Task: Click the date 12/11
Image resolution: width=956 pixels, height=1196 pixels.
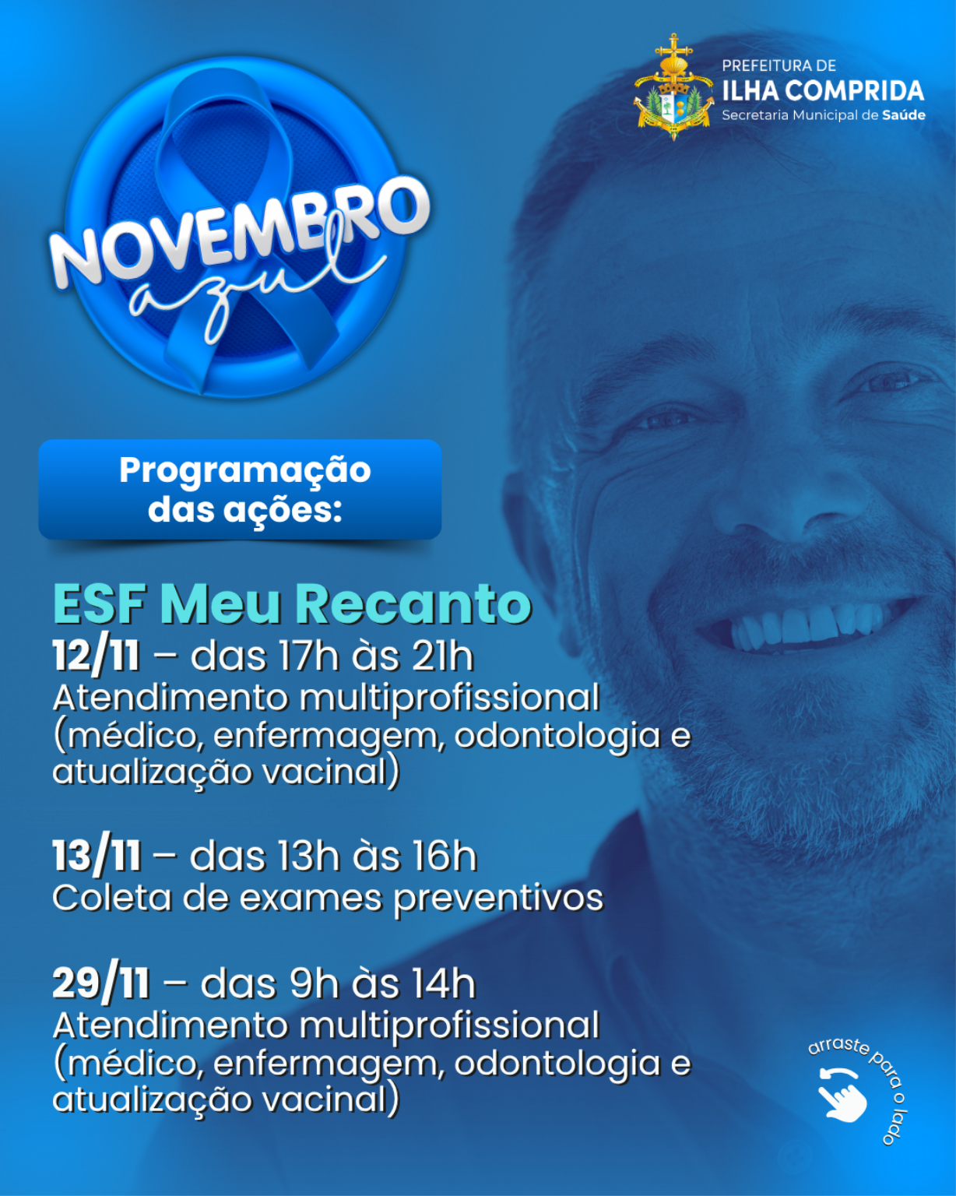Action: click(x=96, y=656)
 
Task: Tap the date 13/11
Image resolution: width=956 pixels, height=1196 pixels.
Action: click(x=97, y=857)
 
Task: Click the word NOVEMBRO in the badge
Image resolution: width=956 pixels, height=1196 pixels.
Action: click(x=240, y=234)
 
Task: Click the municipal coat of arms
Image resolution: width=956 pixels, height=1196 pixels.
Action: click(x=673, y=87)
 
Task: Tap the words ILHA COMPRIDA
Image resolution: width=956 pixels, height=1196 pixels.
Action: click(x=823, y=90)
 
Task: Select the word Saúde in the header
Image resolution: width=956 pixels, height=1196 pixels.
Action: click(x=904, y=115)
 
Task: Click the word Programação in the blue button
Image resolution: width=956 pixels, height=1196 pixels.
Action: click(x=245, y=471)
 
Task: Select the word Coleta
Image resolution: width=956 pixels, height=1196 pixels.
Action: click(x=112, y=898)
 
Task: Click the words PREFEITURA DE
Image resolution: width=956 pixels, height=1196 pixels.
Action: click(x=779, y=65)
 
